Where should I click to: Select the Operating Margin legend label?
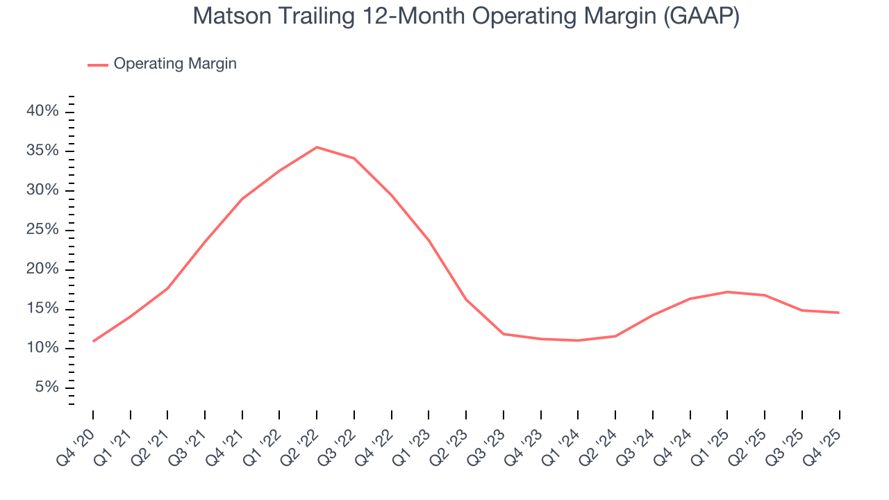(175, 64)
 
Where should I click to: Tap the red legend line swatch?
(97, 65)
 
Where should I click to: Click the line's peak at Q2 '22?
(317, 147)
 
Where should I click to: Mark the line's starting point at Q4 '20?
(93, 341)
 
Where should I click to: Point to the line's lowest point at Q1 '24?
(578, 340)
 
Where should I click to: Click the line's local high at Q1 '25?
(727, 292)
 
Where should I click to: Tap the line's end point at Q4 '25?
(839, 312)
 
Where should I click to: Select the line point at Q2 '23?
(466, 300)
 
